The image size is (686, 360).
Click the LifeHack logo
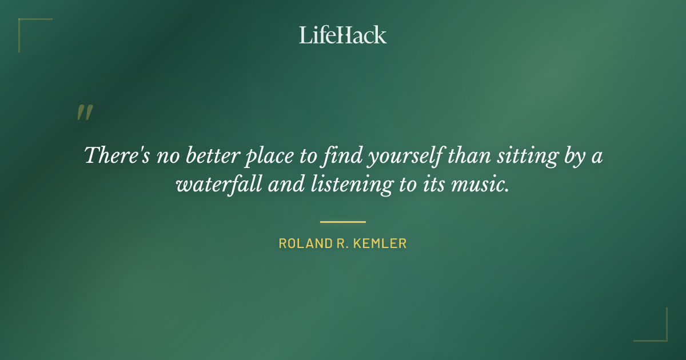(343, 35)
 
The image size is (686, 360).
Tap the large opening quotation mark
(85, 113)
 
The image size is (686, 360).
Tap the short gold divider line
(343, 222)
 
